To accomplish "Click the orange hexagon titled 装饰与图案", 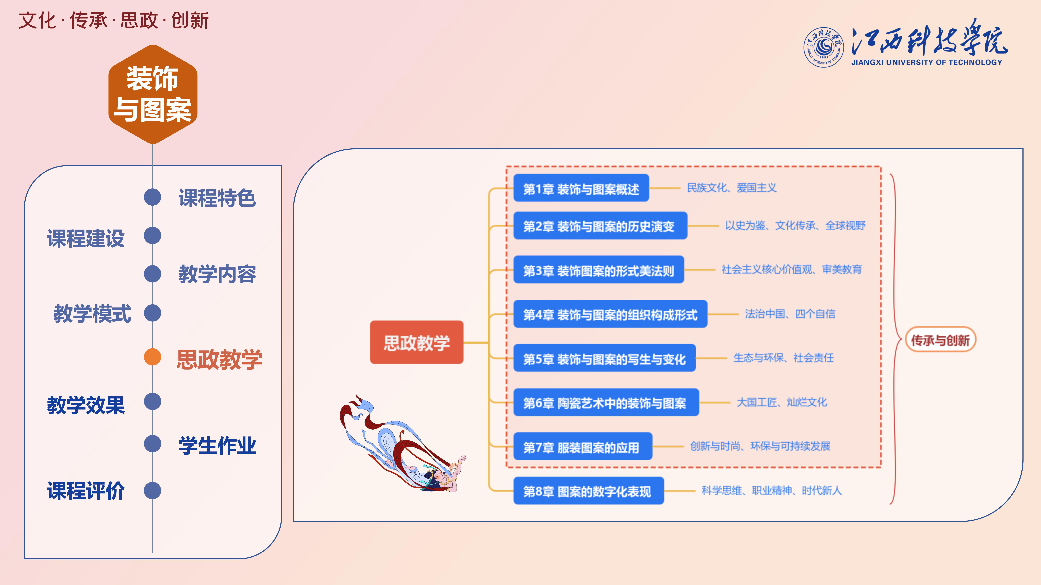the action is [153, 94].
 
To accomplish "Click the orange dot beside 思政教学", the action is [152, 357].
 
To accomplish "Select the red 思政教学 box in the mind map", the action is [417, 342].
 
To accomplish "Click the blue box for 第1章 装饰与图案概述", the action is [581, 188].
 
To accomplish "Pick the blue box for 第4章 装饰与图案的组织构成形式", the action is [610, 314].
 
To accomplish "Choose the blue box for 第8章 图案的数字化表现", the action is [588, 491].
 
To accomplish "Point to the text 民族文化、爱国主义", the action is [731, 188].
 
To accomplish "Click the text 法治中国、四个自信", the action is [790, 314].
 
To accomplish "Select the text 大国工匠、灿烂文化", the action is [782, 402].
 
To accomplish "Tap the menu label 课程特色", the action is [217, 198].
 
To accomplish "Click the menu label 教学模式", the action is [92, 313].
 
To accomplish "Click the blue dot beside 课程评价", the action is [152, 490].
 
